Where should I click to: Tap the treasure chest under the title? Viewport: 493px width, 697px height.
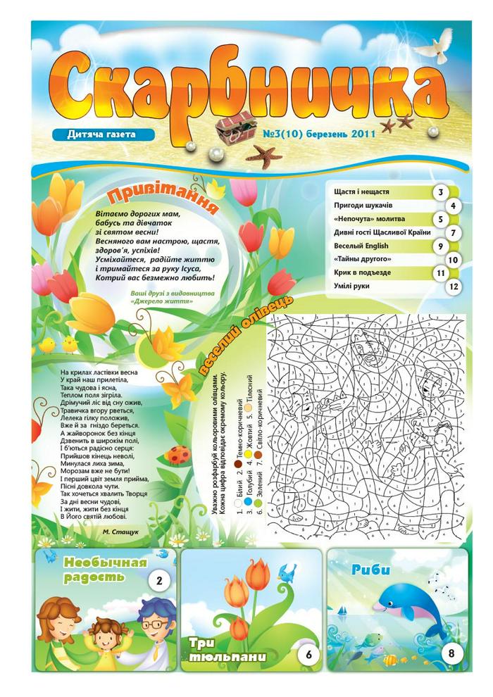(x=234, y=127)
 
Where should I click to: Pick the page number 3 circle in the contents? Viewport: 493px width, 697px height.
(x=441, y=192)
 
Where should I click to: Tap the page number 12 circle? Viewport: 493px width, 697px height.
(x=454, y=287)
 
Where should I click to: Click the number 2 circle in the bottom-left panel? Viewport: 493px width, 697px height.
(x=159, y=582)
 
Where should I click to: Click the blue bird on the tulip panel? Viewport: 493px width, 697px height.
(x=287, y=573)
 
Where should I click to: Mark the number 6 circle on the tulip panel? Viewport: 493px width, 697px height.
(x=308, y=655)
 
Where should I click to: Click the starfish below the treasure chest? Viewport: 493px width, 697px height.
(x=266, y=154)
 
